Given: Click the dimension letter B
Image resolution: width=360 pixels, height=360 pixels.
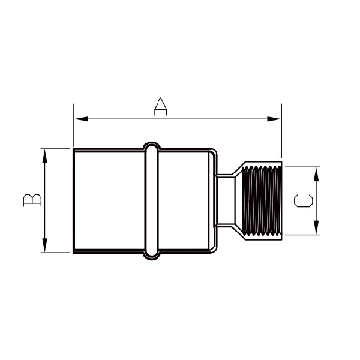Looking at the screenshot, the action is tap(32, 200).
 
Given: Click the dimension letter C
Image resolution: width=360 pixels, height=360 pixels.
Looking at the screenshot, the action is tap(303, 201).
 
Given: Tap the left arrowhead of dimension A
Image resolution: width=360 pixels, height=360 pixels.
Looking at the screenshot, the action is tap(81, 119).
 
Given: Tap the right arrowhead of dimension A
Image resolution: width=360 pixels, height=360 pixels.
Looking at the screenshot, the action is tap(274, 119).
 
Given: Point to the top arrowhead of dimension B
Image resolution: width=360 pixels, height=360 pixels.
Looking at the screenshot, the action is tap(45, 156).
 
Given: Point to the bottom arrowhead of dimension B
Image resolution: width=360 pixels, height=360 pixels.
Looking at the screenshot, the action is tap(45, 245).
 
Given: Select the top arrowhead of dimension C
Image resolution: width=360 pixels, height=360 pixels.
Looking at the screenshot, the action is tap(316, 174).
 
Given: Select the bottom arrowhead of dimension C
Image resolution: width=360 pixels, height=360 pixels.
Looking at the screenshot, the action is tap(316, 227).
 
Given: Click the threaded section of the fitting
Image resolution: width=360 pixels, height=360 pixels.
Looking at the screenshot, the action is tap(262, 200).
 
